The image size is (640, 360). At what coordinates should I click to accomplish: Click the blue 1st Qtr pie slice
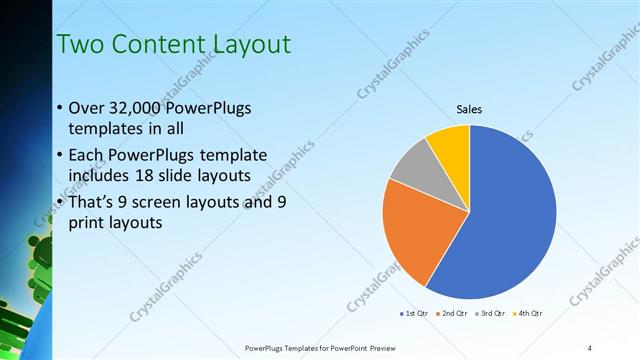[x=505, y=220]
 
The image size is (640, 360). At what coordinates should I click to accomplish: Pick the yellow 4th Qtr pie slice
[x=449, y=145]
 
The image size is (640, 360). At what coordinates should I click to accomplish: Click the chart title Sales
[x=469, y=109]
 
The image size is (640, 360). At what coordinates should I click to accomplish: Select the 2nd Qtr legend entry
[x=452, y=314]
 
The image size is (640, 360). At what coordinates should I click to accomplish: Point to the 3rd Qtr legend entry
[x=489, y=314]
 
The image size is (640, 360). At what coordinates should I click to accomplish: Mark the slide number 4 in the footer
[x=590, y=347]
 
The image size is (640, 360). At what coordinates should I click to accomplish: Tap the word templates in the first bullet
[x=104, y=130]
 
